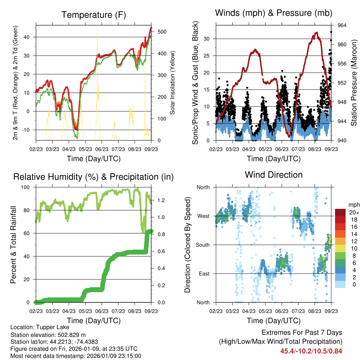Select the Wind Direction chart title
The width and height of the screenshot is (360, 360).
pos(274,174)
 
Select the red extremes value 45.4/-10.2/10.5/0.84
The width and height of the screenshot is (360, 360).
pos(311,351)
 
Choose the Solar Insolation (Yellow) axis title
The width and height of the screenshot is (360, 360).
pos(173,83)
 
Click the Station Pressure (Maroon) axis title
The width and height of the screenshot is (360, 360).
pos(354,83)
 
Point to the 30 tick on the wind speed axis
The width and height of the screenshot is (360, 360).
pos(208,39)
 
